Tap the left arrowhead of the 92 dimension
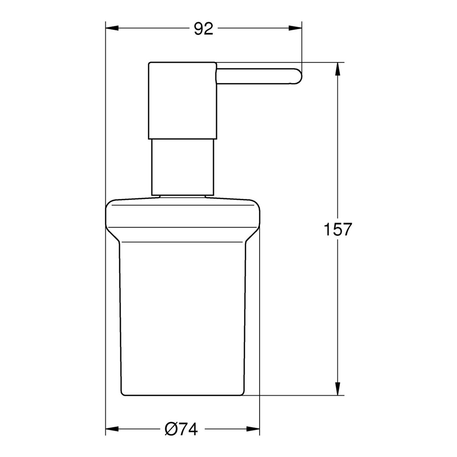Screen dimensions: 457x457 coord(112,28)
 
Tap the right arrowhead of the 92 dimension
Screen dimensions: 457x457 coord(295,28)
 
